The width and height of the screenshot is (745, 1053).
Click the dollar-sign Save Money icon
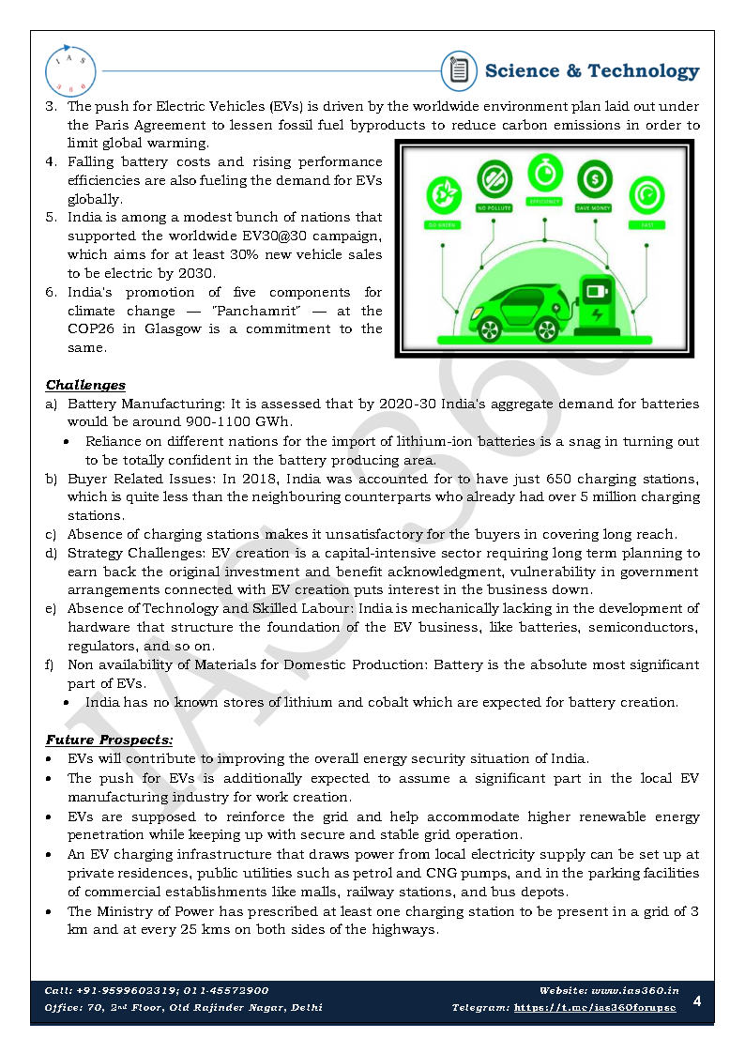point(594,176)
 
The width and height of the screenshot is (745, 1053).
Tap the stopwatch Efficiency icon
point(543,173)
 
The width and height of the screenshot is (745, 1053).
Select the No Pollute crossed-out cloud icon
point(494,178)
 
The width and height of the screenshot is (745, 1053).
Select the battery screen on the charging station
point(594,288)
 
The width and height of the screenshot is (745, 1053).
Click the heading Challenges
point(85,385)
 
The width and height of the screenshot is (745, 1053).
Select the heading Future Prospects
point(109,740)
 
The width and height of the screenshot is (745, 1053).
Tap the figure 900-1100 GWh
point(239,422)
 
